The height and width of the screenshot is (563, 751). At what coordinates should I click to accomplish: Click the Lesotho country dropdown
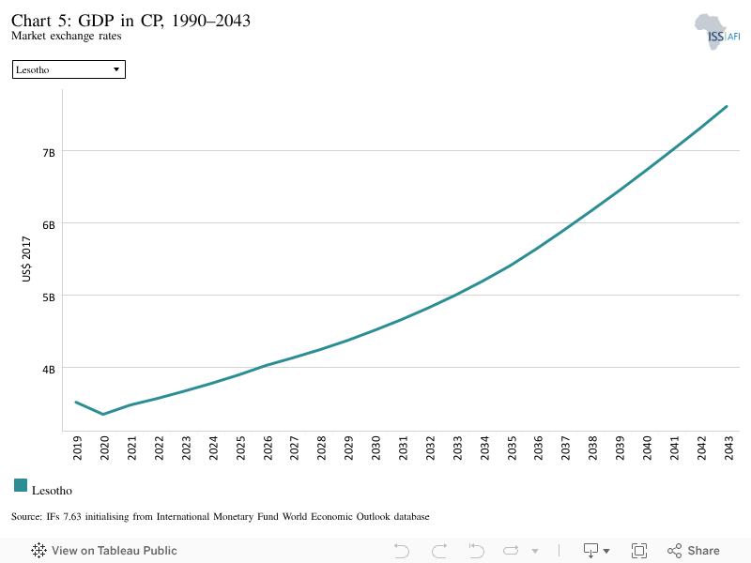click(x=69, y=69)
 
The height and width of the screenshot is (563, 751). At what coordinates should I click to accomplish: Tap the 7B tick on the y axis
click(x=49, y=153)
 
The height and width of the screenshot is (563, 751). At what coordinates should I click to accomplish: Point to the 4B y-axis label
click(x=49, y=370)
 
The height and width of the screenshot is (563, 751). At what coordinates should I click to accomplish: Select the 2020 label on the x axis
click(x=104, y=448)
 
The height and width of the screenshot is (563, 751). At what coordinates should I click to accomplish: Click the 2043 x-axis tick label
click(x=729, y=448)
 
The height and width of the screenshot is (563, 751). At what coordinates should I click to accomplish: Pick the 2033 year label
click(x=457, y=448)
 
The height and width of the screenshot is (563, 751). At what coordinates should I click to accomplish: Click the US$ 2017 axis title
click(x=26, y=259)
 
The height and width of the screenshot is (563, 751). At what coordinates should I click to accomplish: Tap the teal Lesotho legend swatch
click(x=21, y=485)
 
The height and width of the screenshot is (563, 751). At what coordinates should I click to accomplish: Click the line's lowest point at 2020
click(x=103, y=414)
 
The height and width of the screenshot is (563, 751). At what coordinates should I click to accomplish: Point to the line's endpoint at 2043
click(x=727, y=106)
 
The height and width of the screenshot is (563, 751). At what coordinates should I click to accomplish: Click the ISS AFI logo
click(x=717, y=32)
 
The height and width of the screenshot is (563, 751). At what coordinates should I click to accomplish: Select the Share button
click(x=694, y=551)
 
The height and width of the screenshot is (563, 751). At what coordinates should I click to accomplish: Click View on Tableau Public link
click(x=104, y=551)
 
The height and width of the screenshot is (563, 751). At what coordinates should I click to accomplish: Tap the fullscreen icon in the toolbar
click(x=639, y=551)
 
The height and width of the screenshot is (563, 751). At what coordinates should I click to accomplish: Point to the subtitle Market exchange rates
click(x=67, y=36)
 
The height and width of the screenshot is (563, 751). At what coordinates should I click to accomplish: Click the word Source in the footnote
click(x=26, y=517)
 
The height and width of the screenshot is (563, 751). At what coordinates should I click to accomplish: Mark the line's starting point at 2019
click(x=76, y=403)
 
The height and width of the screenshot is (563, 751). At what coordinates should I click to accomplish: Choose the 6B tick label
click(x=49, y=225)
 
